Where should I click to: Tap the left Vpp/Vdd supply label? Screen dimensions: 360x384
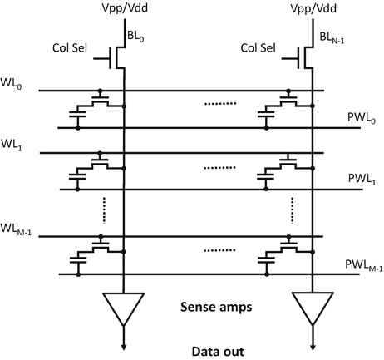coord(124,11)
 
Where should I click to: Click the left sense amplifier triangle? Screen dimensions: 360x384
coord(124,307)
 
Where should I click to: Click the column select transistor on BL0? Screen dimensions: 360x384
coord(118,59)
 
